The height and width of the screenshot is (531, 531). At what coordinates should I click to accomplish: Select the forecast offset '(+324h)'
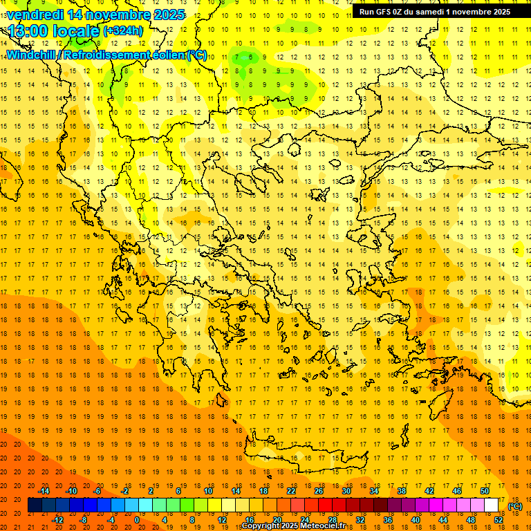point(123,30)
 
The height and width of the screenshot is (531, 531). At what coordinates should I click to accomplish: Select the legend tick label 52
point(498,520)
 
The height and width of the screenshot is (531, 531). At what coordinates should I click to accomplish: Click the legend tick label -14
point(44,491)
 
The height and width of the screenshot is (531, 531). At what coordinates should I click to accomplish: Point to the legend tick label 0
point(137,520)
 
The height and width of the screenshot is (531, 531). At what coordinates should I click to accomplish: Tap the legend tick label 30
point(346,491)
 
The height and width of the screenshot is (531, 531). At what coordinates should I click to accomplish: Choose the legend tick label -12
point(57,520)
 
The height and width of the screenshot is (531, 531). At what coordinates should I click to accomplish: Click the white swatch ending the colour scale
point(491,505)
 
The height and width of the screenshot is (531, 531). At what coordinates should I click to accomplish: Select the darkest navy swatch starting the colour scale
point(35,505)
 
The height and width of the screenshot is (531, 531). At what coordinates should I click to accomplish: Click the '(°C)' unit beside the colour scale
point(515,506)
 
